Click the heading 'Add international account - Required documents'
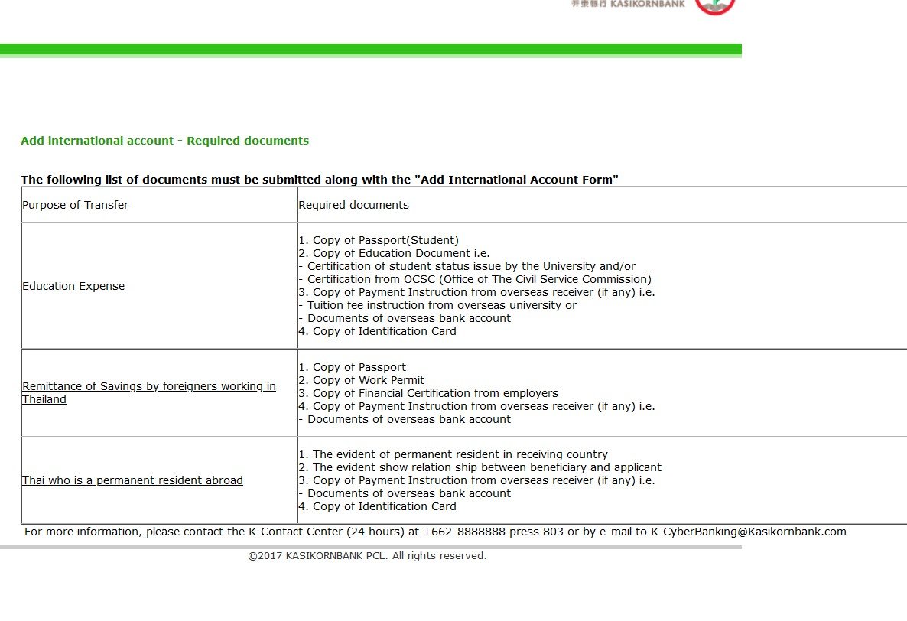pyautogui.click(x=164, y=141)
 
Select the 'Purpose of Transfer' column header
pyautogui.click(x=75, y=205)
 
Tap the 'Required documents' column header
pyautogui.click(x=353, y=205)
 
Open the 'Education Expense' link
pyautogui.click(x=73, y=286)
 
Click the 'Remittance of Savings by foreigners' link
pyautogui.click(x=148, y=387)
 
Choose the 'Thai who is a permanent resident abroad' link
pyautogui.click(x=132, y=480)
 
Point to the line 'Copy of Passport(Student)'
pyautogui.click(x=379, y=240)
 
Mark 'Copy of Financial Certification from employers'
pyautogui.click(x=428, y=393)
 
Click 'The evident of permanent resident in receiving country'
pyautogui.click(x=453, y=454)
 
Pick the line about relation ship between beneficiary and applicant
pyautogui.click(x=480, y=467)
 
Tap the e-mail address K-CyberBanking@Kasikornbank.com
pyautogui.click(x=748, y=532)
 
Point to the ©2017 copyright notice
pyautogui.click(x=367, y=556)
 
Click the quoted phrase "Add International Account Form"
pyautogui.click(x=516, y=180)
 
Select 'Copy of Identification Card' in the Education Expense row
pyautogui.click(x=377, y=331)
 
